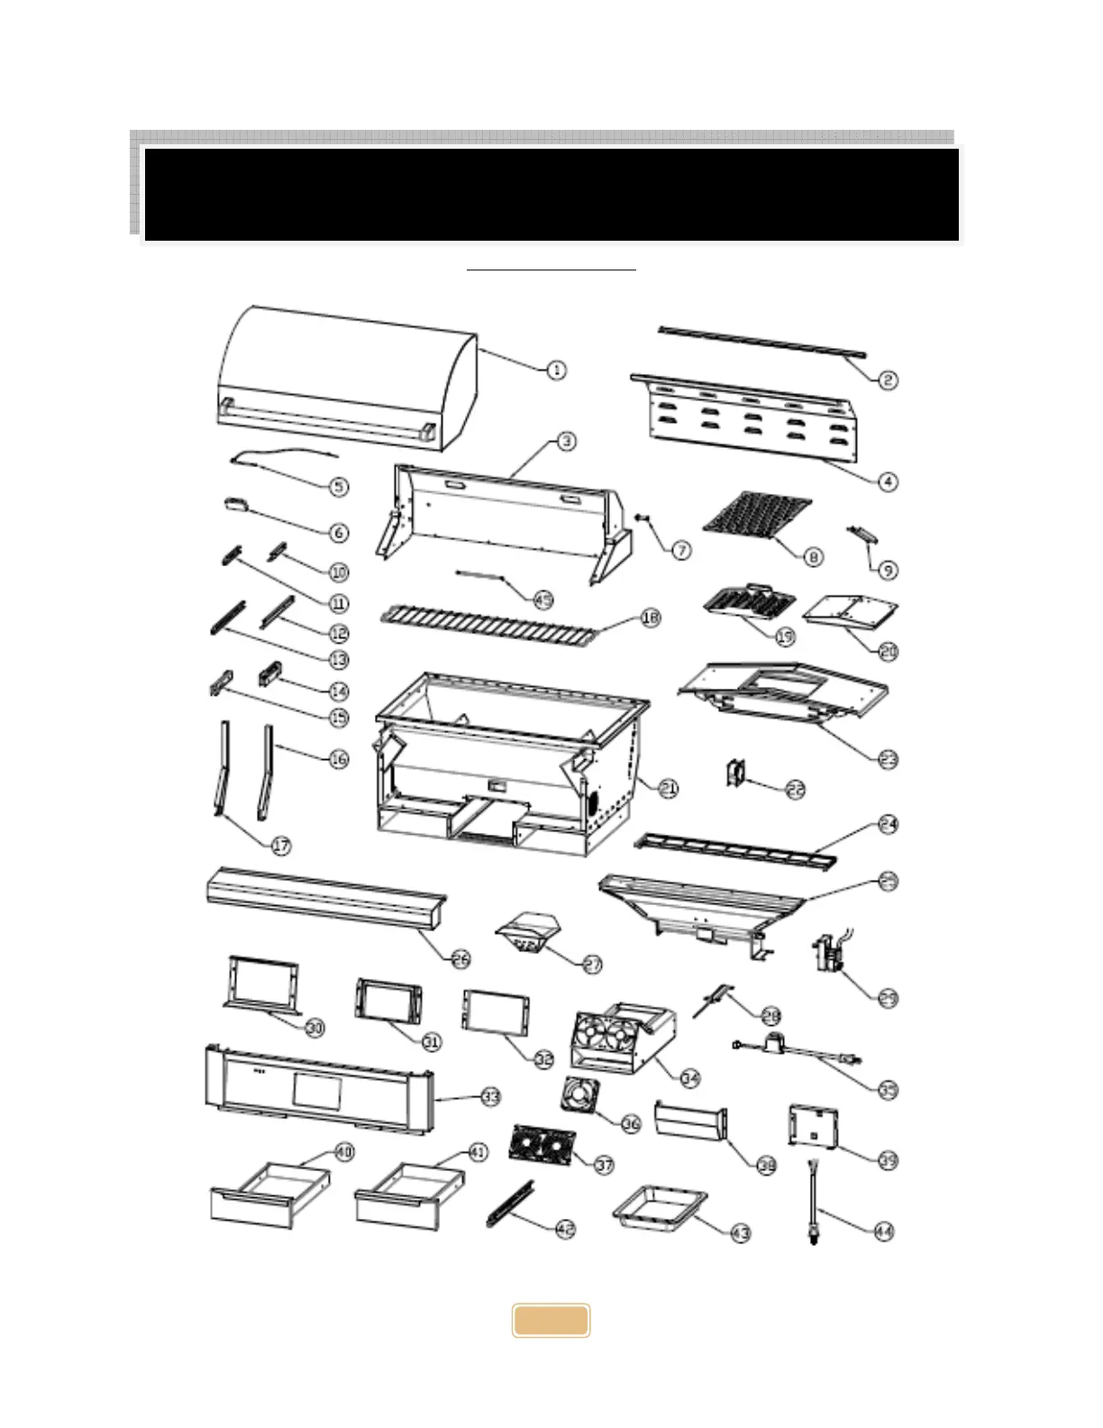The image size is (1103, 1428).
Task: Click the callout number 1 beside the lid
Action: pos(556,369)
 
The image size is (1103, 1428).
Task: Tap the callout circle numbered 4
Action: pos(889,481)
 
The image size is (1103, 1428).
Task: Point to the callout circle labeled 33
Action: pos(490,1097)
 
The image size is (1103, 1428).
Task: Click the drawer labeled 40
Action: pos(269,1193)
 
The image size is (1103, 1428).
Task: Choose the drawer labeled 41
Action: pos(414,1193)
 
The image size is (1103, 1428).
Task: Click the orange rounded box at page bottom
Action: pos(551,1321)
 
